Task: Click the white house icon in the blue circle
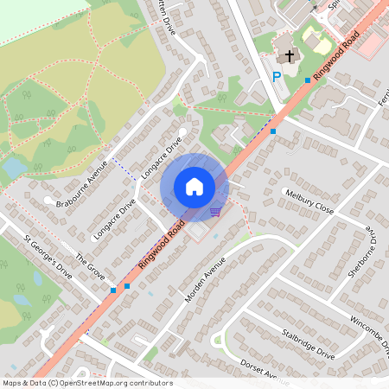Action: pyautogui.click(x=194, y=186)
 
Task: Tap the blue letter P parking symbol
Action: pyautogui.click(x=277, y=77)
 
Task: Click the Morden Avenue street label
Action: pyautogui.click(x=206, y=279)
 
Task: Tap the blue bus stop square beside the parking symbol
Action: pyautogui.click(x=308, y=80)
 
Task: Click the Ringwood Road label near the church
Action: pyautogui.click(x=337, y=60)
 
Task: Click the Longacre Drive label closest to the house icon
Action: pyautogui.click(x=163, y=156)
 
